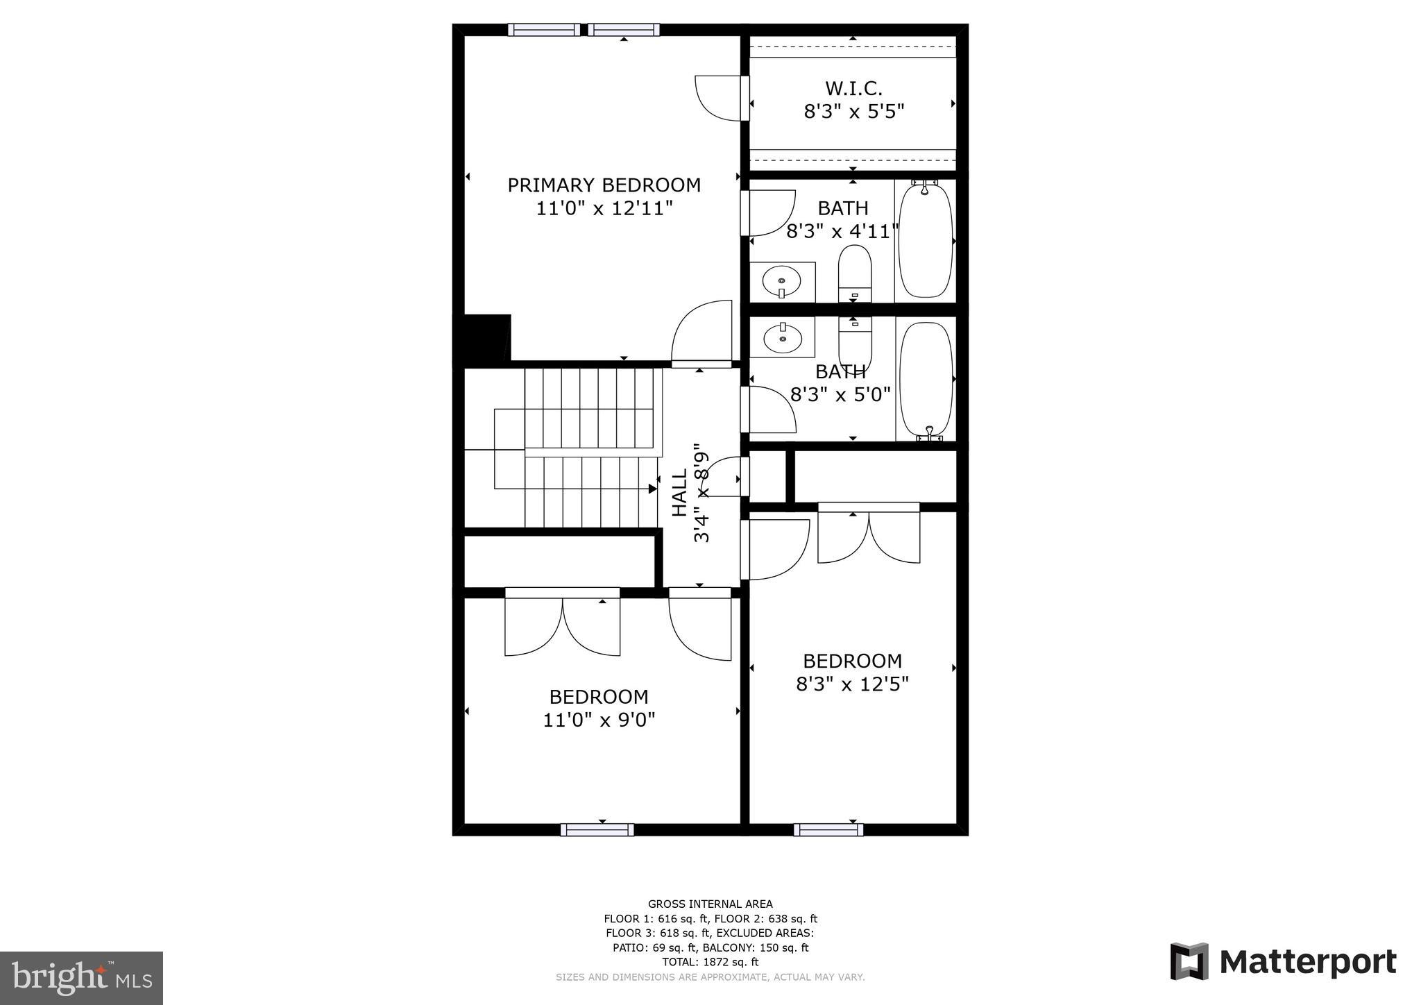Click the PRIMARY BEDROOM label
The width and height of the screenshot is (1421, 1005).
(604, 185)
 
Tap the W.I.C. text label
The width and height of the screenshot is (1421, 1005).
(853, 89)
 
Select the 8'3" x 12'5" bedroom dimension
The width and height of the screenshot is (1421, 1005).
(852, 684)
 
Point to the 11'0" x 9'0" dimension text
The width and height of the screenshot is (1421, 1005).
(599, 720)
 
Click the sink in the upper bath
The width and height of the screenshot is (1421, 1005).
(782, 282)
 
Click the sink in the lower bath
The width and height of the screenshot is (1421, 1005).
(782, 339)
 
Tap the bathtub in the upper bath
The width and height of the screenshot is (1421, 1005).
(926, 240)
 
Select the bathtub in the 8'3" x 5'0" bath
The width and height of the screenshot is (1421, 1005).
(926, 379)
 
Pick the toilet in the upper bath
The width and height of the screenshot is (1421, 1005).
(854, 272)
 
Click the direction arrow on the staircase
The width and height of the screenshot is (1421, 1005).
(652, 489)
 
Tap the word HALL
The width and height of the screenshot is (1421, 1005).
(679, 493)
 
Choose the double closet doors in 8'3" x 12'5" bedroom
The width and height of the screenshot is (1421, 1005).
(869, 534)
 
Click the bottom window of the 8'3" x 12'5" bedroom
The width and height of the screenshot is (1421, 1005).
(828, 829)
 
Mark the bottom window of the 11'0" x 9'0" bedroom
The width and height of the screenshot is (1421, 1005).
(597, 829)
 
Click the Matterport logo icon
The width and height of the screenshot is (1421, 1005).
(1189, 961)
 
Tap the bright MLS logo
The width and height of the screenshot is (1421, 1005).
(81, 978)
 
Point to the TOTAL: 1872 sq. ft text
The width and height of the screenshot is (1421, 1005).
(710, 962)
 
